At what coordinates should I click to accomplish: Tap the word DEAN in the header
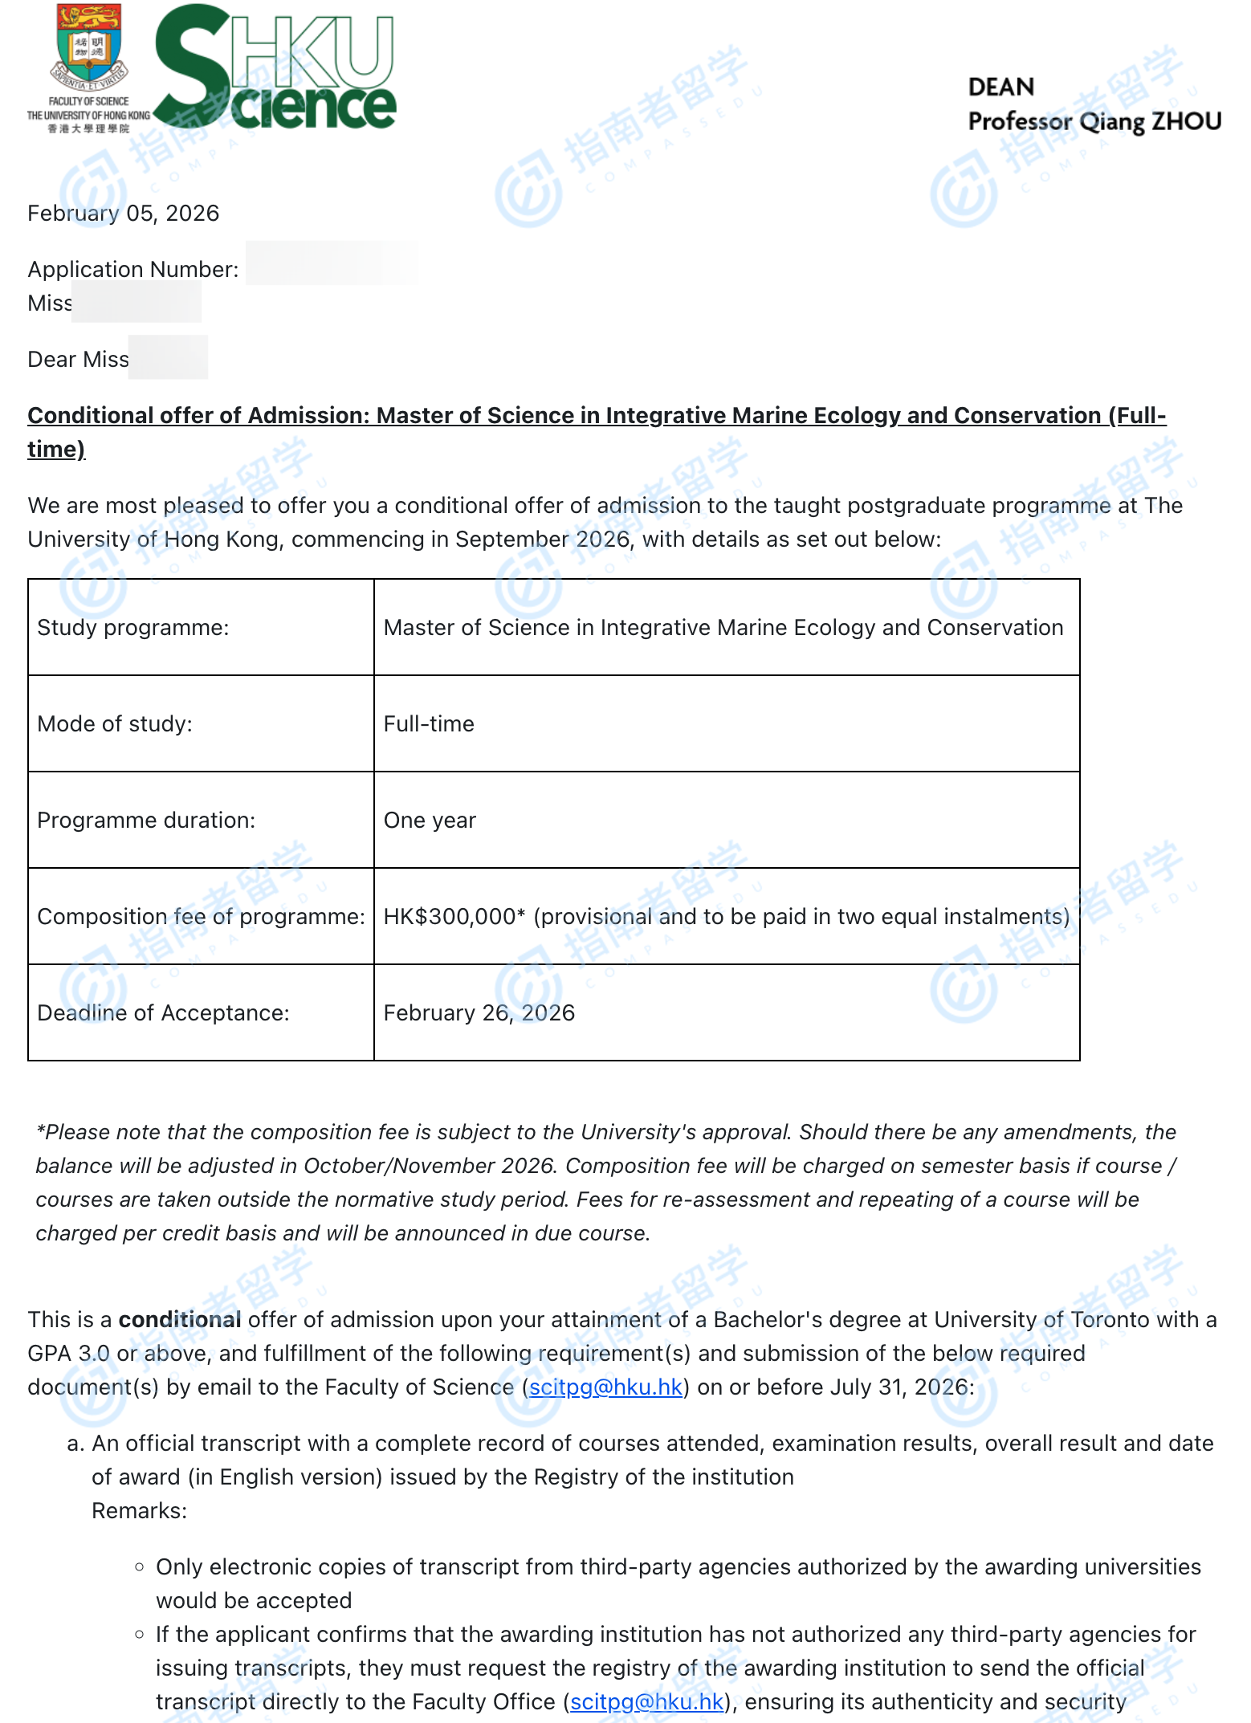1000,87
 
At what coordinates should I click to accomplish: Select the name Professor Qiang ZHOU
1094,121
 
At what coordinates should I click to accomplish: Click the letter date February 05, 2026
123,214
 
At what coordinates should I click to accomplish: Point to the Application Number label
132,270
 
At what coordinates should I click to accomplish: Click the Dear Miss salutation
78,360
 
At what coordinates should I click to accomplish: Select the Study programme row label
132,628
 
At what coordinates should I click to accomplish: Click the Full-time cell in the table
429,724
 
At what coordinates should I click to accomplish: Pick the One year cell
430,821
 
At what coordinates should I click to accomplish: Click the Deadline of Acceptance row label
163,1013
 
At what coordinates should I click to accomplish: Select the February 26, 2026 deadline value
479,1013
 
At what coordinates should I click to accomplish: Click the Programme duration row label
146,821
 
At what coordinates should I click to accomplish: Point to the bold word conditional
180,1320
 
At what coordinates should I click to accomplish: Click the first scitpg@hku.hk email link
605,1387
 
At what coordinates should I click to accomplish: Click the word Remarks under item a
138,1511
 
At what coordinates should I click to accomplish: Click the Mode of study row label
114,724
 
